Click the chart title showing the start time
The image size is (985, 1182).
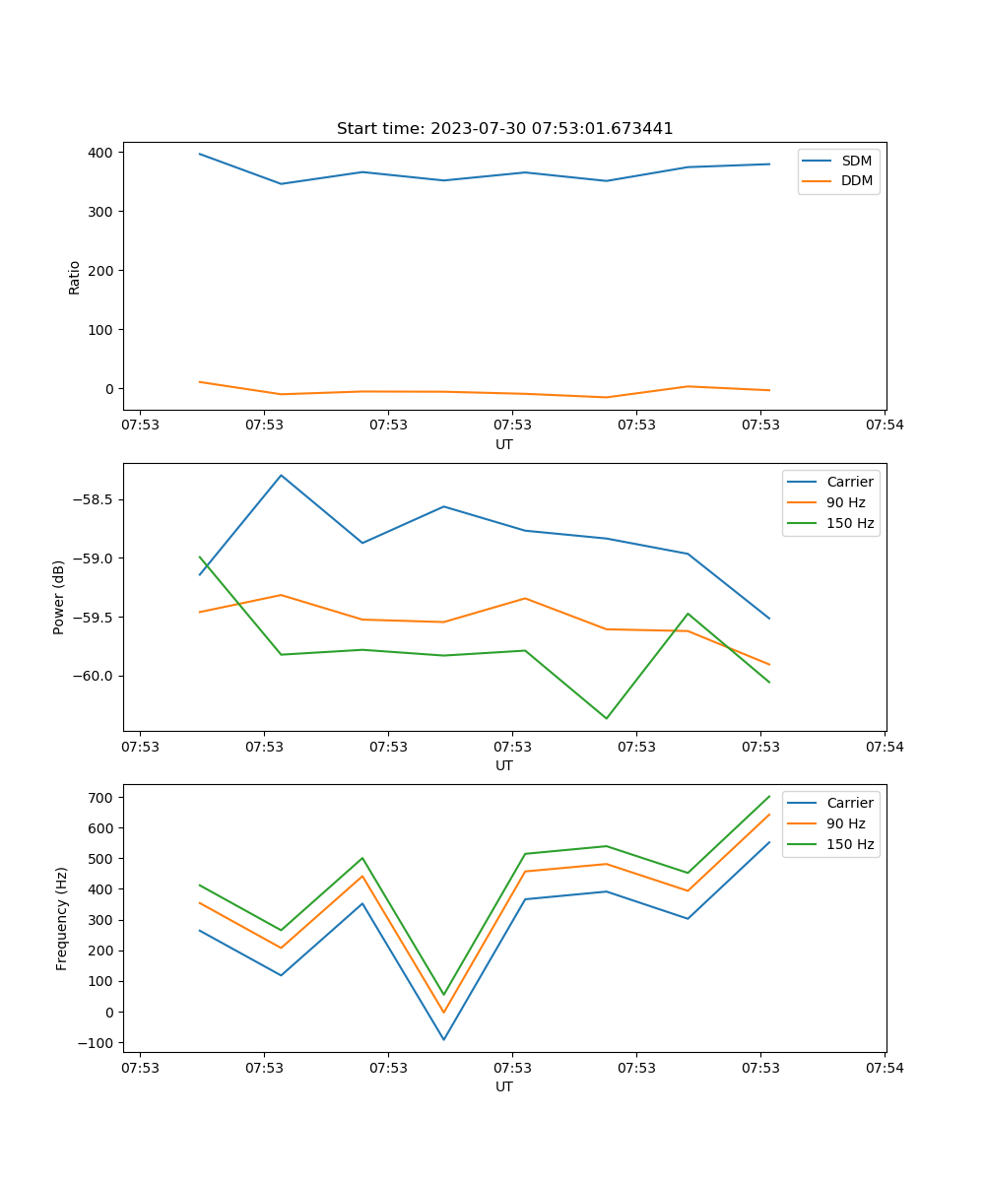coord(504,129)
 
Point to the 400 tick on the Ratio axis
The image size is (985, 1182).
coord(100,153)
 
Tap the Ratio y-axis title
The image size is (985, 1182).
coord(75,277)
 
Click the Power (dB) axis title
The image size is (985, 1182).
coord(59,597)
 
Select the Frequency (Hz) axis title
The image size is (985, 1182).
coord(62,918)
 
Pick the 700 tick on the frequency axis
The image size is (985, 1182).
coord(102,797)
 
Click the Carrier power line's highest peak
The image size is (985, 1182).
coord(281,476)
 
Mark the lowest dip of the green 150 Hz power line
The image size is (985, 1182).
coord(606,718)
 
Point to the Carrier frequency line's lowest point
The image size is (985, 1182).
coord(443,1039)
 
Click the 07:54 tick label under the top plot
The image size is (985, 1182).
coord(885,427)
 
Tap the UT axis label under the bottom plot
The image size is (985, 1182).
coord(504,1086)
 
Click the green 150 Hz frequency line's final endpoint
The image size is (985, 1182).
coord(769,796)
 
